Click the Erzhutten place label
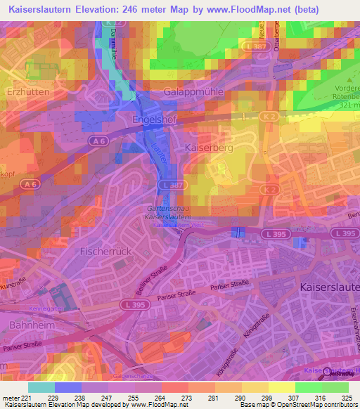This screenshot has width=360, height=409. (x=26, y=92)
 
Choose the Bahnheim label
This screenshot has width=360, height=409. (x=32, y=325)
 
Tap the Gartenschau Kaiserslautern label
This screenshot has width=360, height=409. (x=166, y=214)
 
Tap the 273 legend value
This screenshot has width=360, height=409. (x=174, y=397)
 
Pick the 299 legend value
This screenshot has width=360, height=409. (x=260, y=397)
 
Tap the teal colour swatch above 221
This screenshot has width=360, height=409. (x=41, y=387)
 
